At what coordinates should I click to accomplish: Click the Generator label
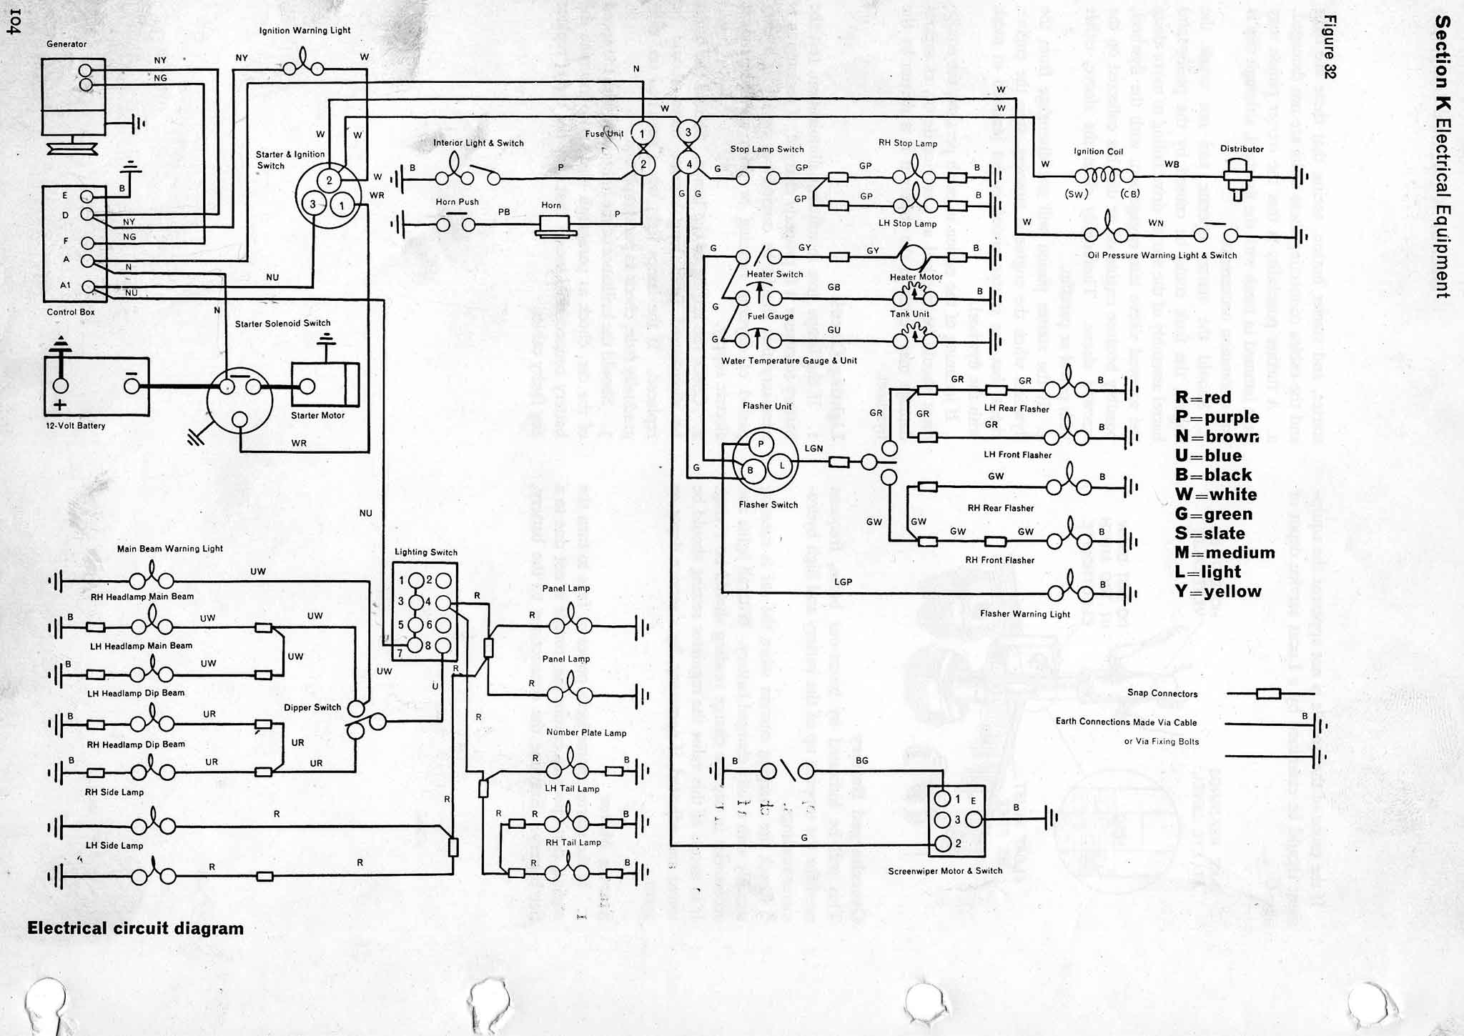66,44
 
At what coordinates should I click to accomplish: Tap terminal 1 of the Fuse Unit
643,134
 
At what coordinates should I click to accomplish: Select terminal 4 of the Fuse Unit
688,164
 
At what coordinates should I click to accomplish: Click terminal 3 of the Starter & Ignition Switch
312,204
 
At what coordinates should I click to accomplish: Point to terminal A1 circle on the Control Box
87,287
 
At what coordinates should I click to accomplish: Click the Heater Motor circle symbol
912,255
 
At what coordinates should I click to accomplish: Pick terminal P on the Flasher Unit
761,444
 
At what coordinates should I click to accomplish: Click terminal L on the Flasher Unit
783,466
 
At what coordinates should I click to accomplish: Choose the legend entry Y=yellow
1218,592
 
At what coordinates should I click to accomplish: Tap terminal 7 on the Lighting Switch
401,652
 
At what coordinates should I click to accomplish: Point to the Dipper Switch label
312,707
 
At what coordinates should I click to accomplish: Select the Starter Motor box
325,387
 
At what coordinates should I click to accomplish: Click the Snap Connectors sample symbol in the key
1268,694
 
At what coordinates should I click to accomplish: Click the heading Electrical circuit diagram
135,928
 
